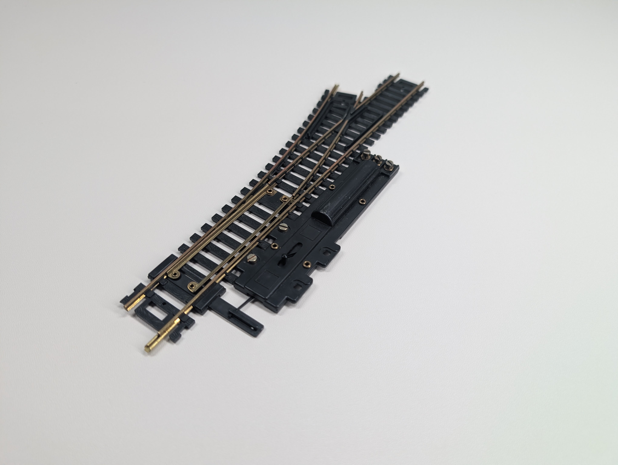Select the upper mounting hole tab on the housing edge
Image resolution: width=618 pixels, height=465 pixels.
coord(326,252)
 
